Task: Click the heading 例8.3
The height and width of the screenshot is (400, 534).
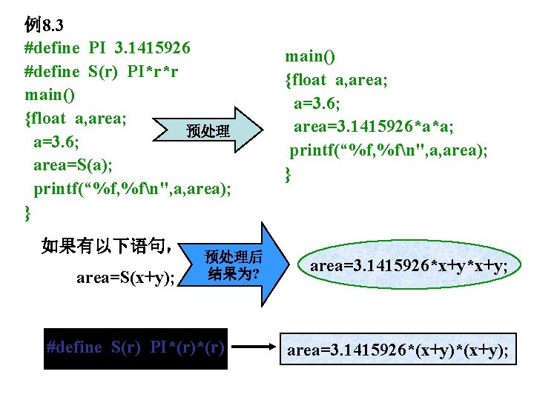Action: (44, 26)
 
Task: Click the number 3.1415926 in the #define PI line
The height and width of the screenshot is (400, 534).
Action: (152, 49)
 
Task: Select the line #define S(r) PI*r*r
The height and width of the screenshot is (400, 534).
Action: (102, 72)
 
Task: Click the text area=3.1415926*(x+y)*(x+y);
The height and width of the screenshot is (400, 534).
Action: (398, 350)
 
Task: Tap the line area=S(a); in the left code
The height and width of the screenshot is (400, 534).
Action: (73, 164)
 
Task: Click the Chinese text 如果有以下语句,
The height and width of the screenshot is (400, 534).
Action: (108, 245)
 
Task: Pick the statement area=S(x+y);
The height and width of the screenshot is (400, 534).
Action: (126, 278)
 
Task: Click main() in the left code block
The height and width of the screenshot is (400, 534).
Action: (49, 95)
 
